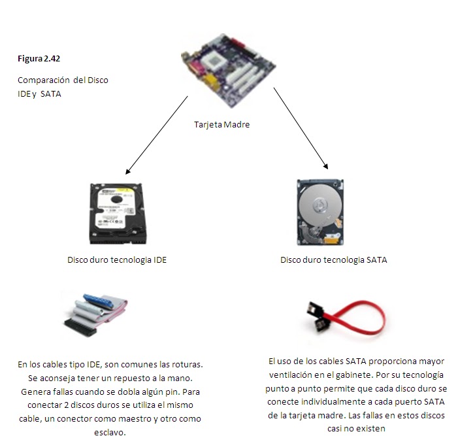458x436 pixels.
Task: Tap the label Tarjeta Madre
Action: pyautogui.click(x=222, y=124)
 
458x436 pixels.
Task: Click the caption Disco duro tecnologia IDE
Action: pyautogui.click(x=117, y=260)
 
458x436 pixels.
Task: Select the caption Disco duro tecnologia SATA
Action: pyautogui.click(x=333, y=260)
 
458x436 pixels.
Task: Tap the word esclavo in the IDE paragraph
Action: pyautogui.click(x=117, y=432)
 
